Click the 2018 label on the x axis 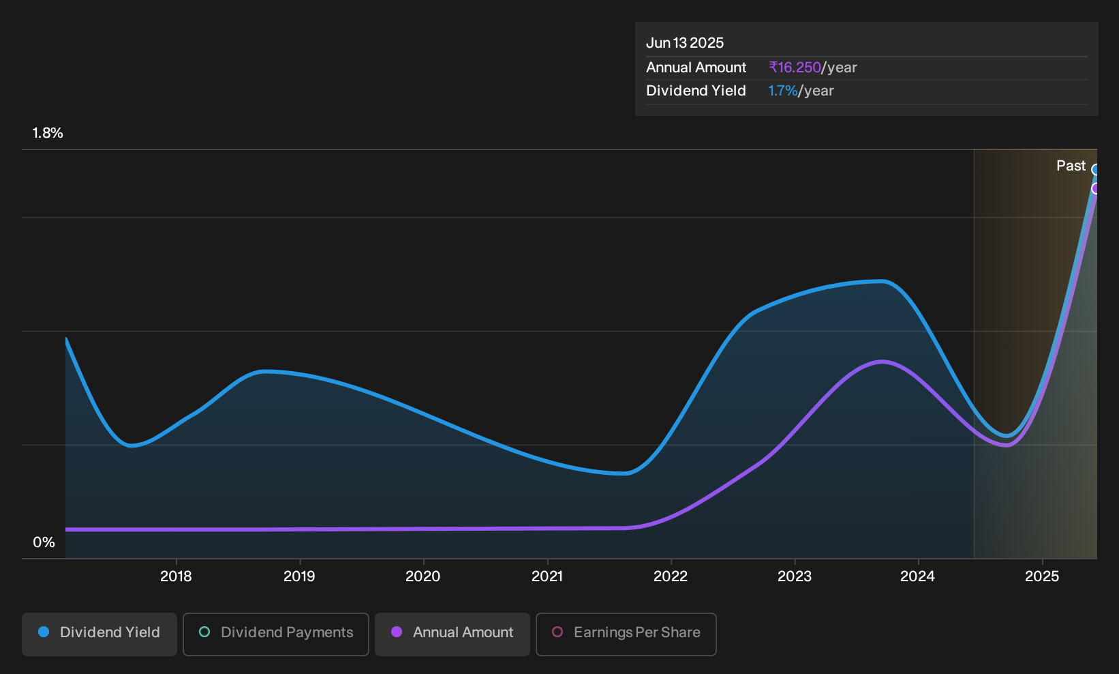176,576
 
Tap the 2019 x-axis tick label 299,576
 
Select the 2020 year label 423,576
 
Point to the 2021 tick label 547,576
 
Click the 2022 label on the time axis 671,576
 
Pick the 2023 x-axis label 795,576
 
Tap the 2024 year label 918,576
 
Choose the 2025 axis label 1042,576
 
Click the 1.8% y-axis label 48,133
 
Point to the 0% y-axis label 44,542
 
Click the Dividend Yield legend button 99,634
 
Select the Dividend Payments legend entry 276,634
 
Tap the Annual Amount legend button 452,634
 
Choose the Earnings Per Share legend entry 626,634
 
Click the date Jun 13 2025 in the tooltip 685,43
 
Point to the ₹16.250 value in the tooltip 795,68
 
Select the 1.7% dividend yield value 783,91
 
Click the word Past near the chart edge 1071,166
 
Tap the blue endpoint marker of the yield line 1095,170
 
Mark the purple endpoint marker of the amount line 1095,188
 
